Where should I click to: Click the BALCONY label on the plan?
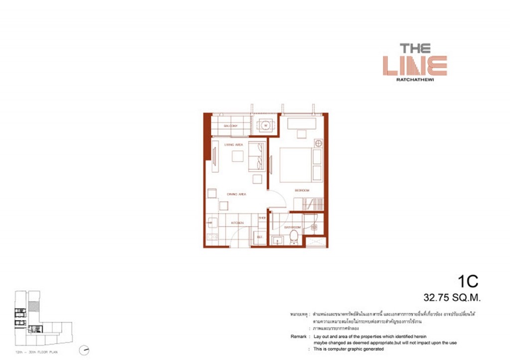click(230, 126)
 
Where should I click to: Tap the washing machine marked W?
click(265, 125)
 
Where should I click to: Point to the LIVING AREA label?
click(233, 144)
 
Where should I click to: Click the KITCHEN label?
click(237, 223)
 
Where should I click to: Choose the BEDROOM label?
click(302, 190)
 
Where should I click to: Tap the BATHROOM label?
click(291, 227)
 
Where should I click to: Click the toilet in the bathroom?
click(294, 238)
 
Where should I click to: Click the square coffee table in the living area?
click(238, 156)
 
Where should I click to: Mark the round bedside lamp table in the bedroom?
click(318, 143)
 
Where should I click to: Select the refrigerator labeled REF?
click(259, 237)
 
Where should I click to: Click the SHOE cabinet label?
click(262, 218)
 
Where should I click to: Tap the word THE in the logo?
click(415, 48)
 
